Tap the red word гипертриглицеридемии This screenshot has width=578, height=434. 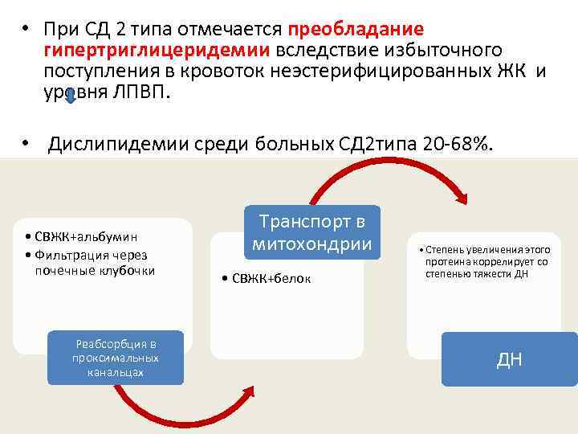point(158,51)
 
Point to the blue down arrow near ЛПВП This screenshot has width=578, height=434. point(71,95)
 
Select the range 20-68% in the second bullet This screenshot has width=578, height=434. point(455,145)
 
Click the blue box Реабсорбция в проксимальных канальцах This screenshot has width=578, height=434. point(116,358)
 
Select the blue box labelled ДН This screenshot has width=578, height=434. point(509,358)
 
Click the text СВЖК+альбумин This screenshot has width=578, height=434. point(82,237)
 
